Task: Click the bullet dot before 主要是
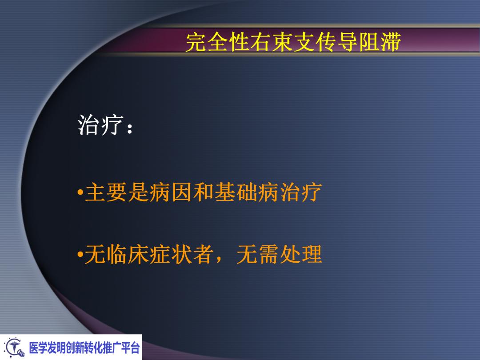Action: [x=80, y=194]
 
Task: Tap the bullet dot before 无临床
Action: [x=80, y=255]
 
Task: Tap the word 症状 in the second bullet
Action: [x=171, y=255]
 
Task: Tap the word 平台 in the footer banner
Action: [x=130, y=348]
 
